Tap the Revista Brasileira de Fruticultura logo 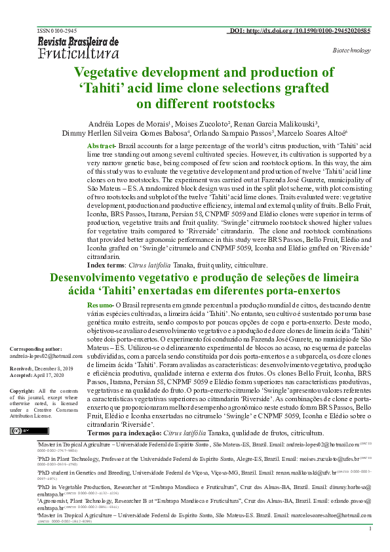[78, 47]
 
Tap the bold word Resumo [100, 306]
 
